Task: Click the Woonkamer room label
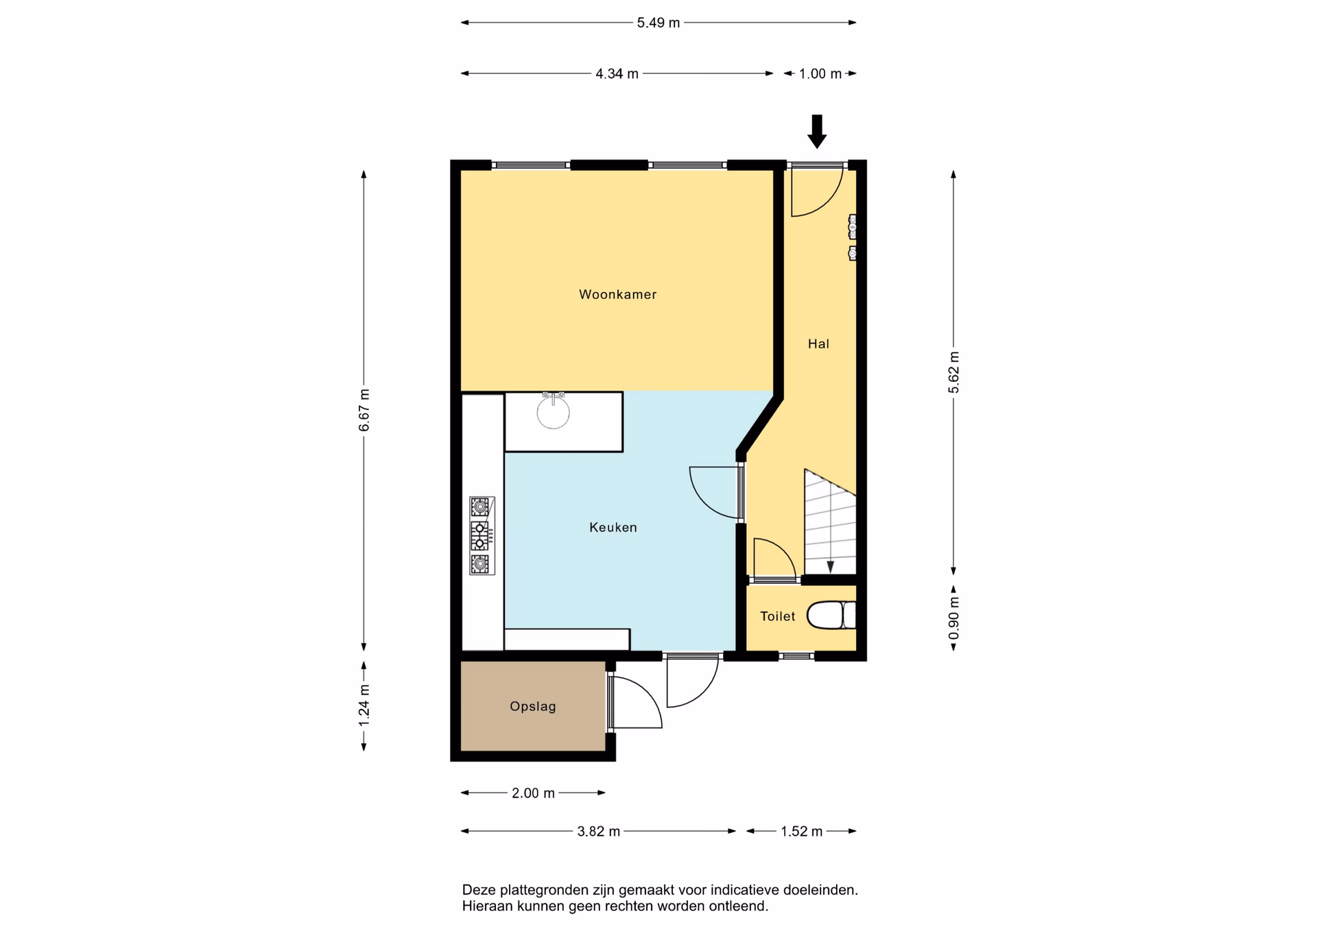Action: [x=617, y=295]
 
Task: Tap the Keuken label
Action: [x=613, y=527]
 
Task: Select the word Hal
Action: [x=818, y=344]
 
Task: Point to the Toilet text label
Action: [x=778, y=616]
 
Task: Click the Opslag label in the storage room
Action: [x=533, y=707]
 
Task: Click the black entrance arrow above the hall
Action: [x=816, y=132]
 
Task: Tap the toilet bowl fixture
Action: [x=831, y=615]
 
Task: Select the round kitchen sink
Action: [x=553, y=412]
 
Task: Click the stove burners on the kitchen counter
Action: [x=482, y=535]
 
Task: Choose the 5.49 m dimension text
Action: [x=658, y=23]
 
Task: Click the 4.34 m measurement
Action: [x=617, y=74]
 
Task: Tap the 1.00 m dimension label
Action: [x=820, y=74]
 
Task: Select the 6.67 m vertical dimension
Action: [x=364, y=410]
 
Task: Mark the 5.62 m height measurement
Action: [x=953, y=372]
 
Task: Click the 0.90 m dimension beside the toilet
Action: [x=953, y=618]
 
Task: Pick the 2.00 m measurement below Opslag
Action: [x=533, y=793]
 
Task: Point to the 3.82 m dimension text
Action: [x=598, y=832]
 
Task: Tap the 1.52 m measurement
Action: [x=801, y=832]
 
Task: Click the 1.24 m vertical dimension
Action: [x=364, y=705]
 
